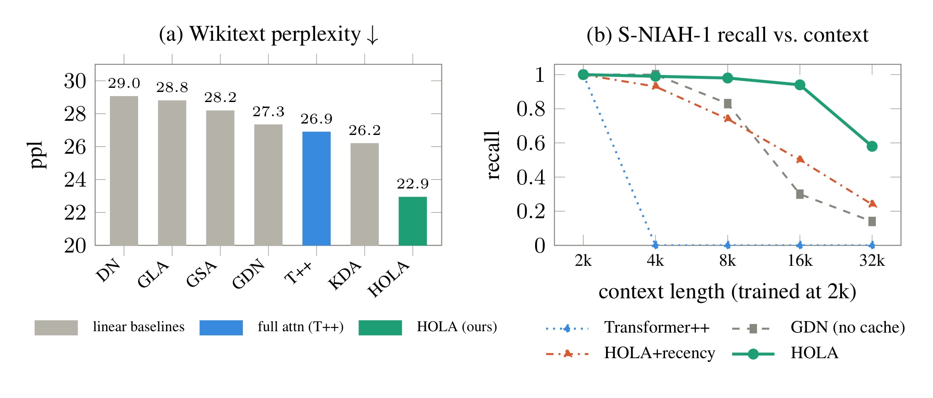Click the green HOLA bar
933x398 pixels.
413,221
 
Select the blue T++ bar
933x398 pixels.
316,188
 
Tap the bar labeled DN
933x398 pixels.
124,171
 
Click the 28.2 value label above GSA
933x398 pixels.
220,97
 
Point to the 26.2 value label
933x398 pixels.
365,130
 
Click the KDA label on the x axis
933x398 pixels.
345,275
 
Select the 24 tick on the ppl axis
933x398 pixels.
75,180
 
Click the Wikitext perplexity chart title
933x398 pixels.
269,34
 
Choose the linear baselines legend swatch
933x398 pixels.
56,328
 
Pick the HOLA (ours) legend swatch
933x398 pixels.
380,328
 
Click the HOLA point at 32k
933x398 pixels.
872,146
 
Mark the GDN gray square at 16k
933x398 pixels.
800,194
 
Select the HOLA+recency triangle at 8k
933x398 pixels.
728,119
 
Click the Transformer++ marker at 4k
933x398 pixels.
655,245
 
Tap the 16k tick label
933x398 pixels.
800,260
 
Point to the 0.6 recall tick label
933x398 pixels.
531,143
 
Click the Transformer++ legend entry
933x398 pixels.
627,328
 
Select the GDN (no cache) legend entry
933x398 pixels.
818,328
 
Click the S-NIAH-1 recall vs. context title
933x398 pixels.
727,35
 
